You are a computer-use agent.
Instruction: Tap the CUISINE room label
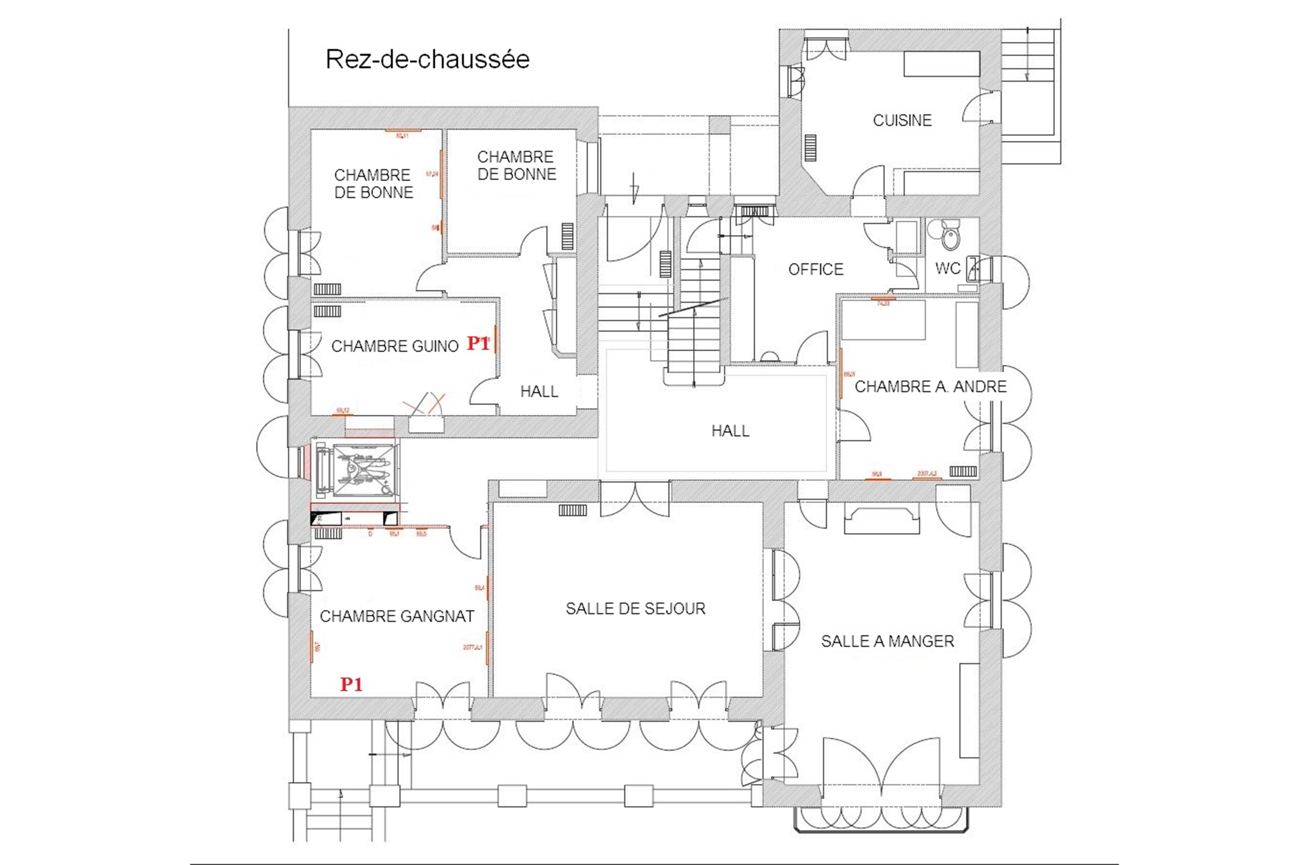coord(902,120)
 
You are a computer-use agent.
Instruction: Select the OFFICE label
coord(816,269)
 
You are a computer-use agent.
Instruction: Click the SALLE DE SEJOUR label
coord(635,608)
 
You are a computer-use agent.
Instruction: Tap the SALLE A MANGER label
coord(887,641)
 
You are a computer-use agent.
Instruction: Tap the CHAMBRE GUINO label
coord(395,347)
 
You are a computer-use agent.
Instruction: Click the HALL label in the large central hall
coord(730,431)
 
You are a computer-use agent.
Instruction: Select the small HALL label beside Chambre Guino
coord(539,392)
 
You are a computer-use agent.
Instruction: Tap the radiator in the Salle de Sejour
coord(573,510)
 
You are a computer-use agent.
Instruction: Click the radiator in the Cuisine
coord(809,148)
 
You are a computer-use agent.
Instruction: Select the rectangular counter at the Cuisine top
coord(941,64)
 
